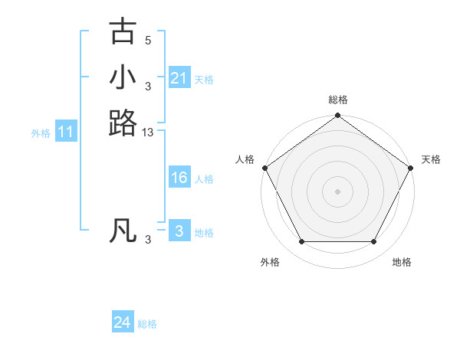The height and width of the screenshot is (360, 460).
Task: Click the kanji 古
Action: (x=123, y=31)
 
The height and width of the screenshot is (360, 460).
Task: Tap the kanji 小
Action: (x=123, y=77)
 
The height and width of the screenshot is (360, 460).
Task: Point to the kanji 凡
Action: (x=123, y=231)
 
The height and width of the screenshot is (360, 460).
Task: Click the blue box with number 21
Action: (x=179, y=78)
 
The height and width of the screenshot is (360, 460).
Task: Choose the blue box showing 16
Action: (x=179, y=178)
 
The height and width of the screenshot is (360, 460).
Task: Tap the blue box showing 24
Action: (x=123, y=323)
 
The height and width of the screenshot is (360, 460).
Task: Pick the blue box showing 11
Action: (x=66, y=133)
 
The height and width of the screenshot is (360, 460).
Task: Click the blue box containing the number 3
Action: (x=179, y=231)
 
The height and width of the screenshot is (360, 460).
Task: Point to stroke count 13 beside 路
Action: (x=148, y=133)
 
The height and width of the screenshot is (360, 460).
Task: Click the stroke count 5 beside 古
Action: (x=148, y=40)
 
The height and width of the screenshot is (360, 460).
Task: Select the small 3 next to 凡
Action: (x=148, y=240)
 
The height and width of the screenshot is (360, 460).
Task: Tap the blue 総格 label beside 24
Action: (x=147, y=324)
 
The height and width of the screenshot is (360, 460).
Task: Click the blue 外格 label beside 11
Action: (x=41, y=133)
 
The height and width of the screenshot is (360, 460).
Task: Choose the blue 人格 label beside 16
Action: (x=204, y=178)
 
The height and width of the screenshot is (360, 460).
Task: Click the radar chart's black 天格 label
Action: (x=431, y=159)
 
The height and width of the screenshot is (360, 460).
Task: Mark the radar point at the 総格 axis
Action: (x=337, y=116)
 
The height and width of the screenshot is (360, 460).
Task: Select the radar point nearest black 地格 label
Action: (x=374, y=242)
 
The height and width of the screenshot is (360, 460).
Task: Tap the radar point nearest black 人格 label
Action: (x=265, y=168)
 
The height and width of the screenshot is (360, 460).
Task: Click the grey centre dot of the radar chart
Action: (x=337, y=191)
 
